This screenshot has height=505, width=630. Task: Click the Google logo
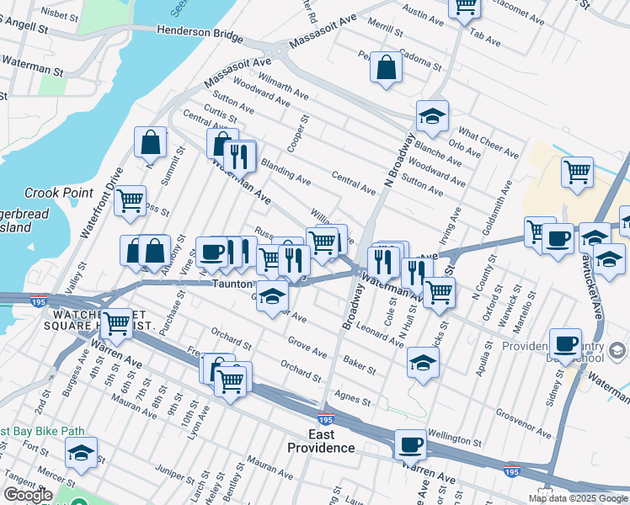[x=27, y=495]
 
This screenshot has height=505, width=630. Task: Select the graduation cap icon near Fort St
[x=81, y=453]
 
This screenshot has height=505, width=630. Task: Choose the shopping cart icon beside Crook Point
[x=131, y=201]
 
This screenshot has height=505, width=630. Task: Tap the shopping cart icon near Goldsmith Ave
[x=578, y=172]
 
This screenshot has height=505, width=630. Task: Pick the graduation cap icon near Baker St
[x=423, y=363]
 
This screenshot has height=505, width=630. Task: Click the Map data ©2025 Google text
[x=576, y=498]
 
